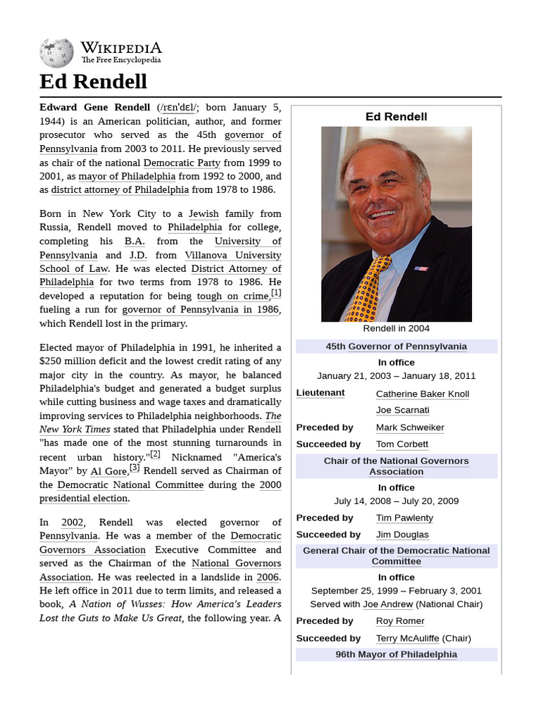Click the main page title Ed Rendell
click(x=93, y=82)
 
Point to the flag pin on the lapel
click(x=421, y=268)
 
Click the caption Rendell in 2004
click(x=396, y=328)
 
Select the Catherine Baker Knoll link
click(x=422, y=394)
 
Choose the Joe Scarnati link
click(x=402, y=410)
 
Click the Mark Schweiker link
click(x=410, y=427)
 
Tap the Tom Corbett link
click(x=402, y=444)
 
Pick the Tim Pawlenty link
click(x=404, y=518)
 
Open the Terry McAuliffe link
click(x=407, y=638)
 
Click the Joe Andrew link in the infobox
click(x=387, y=604)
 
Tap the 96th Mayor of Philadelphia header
click(x=396, y=654)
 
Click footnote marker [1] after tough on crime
click(x=276, y=293)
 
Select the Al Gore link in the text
click(x=108, y=471)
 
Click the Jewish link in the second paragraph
click(x=204, y=213)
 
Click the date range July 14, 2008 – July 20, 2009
click(x=396, y=501)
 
